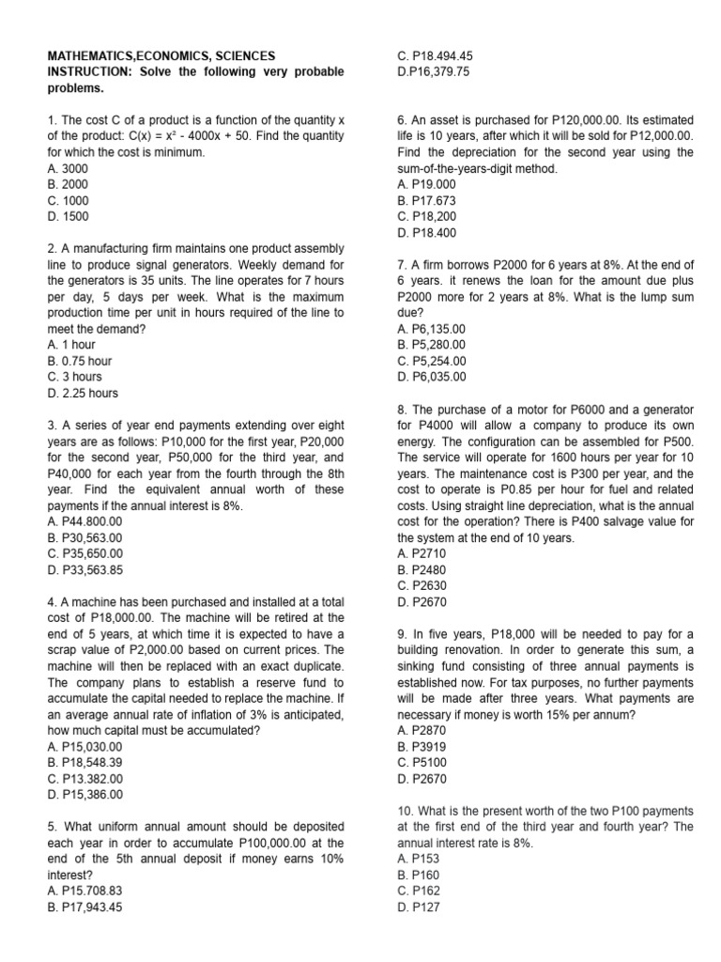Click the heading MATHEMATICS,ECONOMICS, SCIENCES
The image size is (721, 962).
click(x=161, y=55)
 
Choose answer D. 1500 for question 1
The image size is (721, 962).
click(x=68, y=216)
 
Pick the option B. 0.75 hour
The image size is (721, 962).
click(x=79, y=360)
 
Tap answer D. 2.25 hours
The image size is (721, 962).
click(x=83, y=393)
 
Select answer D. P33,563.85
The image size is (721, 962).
click(x=84, y=569)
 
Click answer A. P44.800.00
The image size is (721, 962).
click(x=84, y=521)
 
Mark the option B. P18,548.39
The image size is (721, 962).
click(x=84, y=762)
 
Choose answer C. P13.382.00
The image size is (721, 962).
click(x=84, y=778)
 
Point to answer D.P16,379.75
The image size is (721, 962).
click(x=434, y=72)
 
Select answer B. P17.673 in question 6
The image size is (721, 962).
click(x=426, y=200)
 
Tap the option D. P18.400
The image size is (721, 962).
click(x=426, y=232)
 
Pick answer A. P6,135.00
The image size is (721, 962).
click(x=432, y=329)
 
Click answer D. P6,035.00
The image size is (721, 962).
click(x=432, y=377)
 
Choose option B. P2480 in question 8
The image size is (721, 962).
click(x=419, y=569)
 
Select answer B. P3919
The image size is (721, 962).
click(x=419, y=746)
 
